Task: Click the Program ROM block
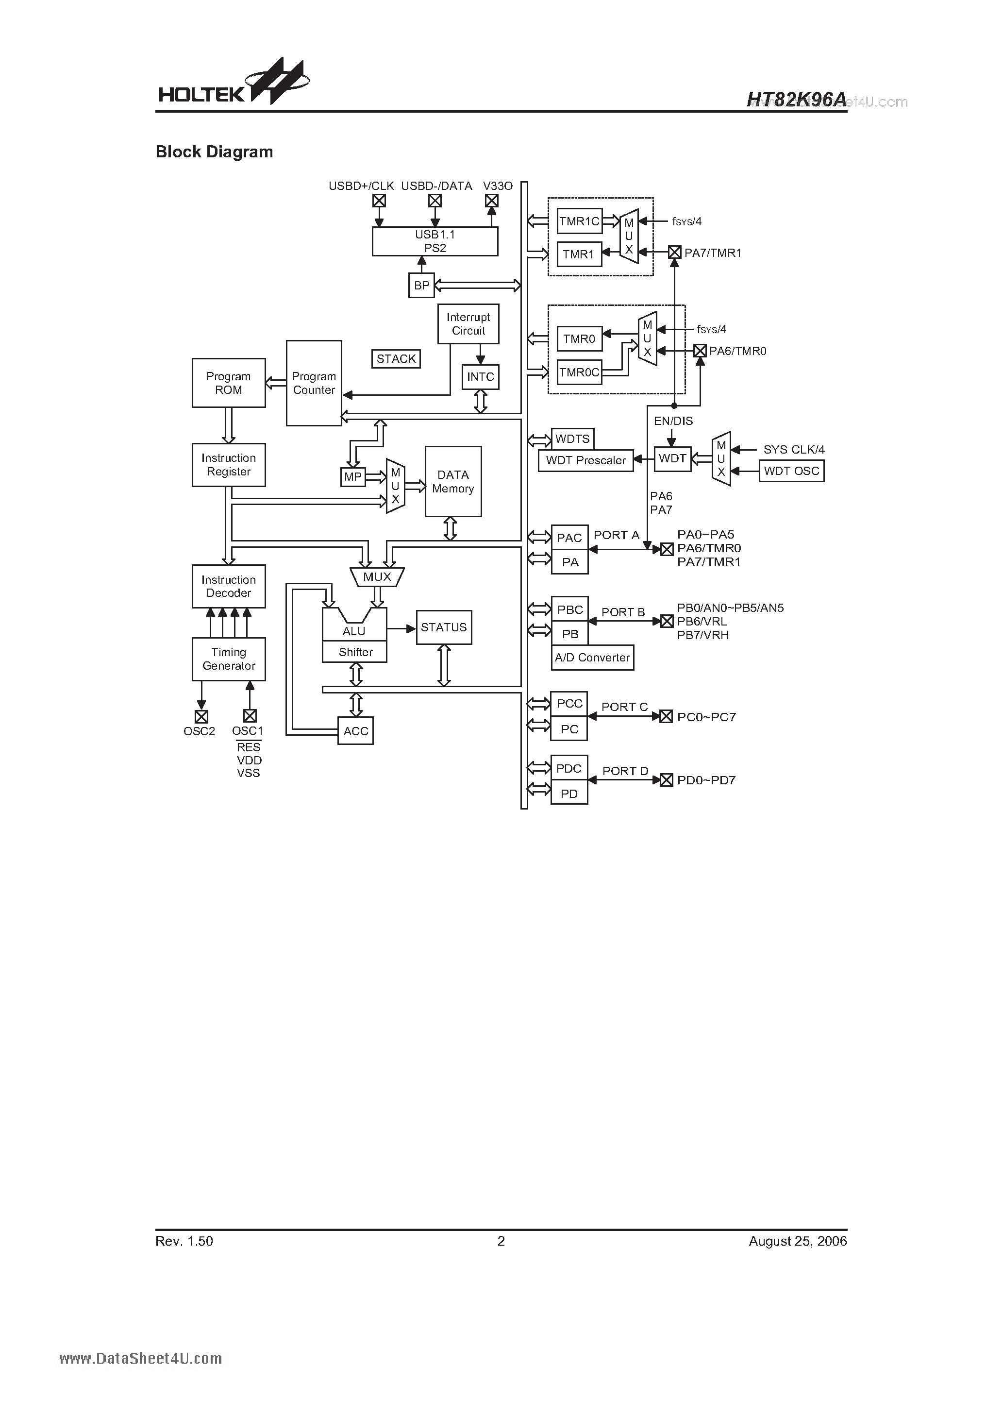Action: click(228, 383)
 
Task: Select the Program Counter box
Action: click(314, 383)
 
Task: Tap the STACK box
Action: click(396, 359)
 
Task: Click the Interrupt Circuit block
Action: click(468, 323)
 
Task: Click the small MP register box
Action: click(352, 477)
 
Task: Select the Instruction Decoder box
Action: click(228, 586)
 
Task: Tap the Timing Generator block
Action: click(228, 659)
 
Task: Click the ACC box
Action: click(355, 731)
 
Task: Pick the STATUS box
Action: click(443, 627)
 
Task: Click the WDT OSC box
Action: click(791, 471)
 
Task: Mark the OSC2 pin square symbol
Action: click(201, 716)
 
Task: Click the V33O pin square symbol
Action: click(492, 201)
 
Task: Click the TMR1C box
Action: click(579, 221)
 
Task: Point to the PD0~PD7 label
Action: click(706, 780)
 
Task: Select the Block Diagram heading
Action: click(214, 152)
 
